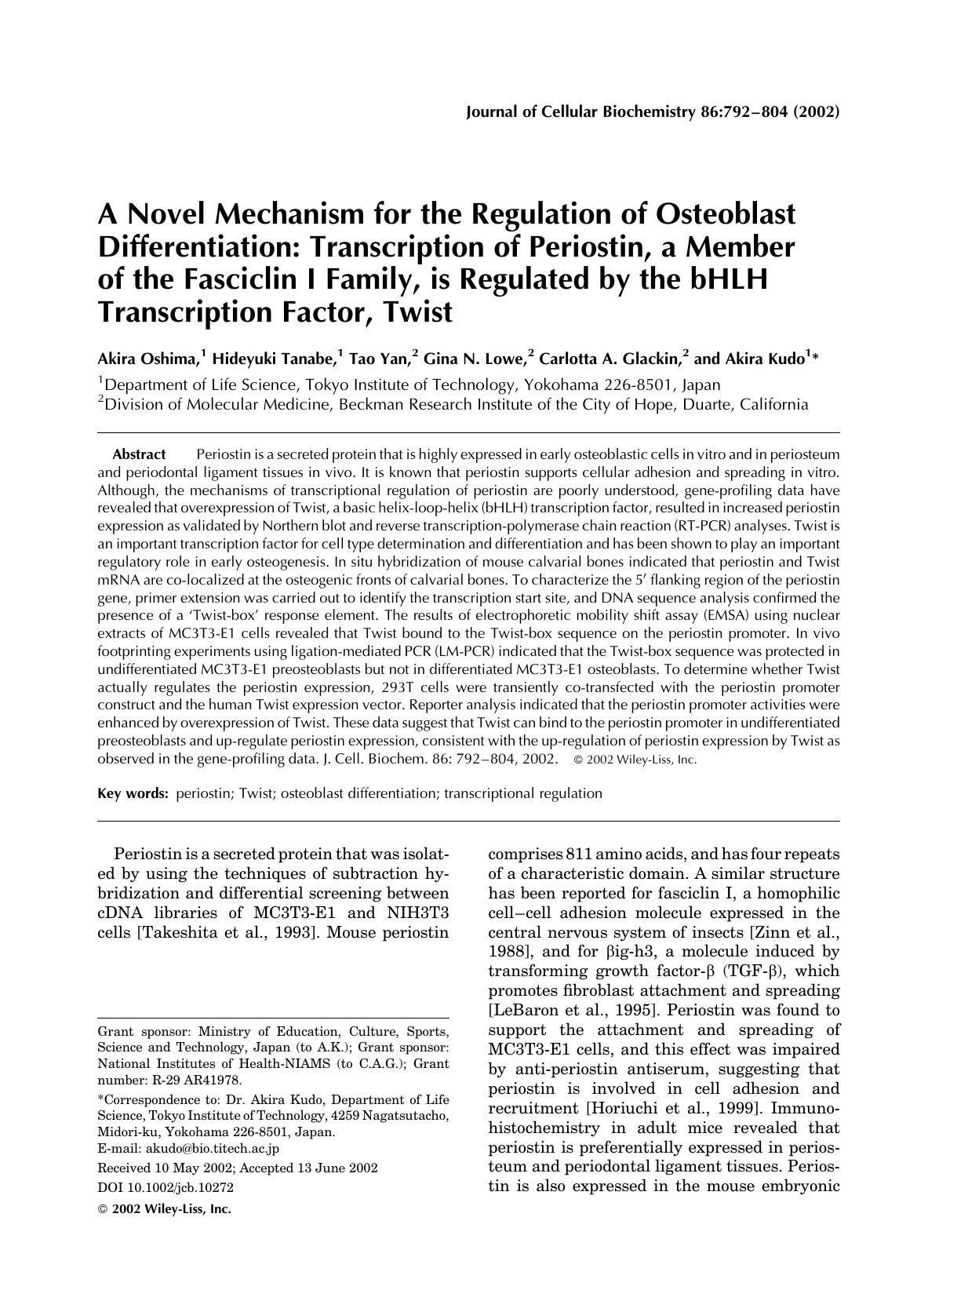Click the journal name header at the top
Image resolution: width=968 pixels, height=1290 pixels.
(x=652, y=111)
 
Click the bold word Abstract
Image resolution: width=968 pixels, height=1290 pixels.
(x=139, y=454)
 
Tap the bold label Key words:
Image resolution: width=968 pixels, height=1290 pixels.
(x=133, y=793)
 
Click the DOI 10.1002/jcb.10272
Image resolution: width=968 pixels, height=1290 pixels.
(x=165, y=1188)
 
